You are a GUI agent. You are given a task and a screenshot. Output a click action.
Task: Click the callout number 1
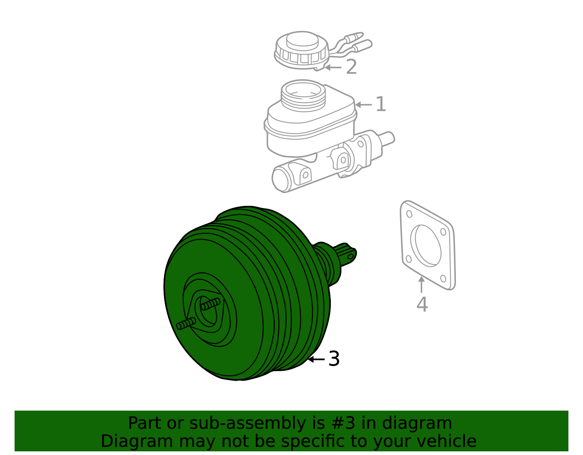[x=381, y=104]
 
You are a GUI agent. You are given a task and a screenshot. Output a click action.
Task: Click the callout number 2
[x=352, y=67]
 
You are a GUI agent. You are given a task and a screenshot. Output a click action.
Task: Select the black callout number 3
[x=334, y=359]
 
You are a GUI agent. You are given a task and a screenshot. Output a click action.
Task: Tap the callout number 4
[x=422, y=305]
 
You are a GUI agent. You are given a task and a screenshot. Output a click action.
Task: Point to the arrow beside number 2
[x=333, y=67]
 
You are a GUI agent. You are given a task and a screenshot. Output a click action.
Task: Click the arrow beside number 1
[x=364, y=105]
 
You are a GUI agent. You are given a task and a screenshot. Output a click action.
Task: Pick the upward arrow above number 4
[x=422, y=285]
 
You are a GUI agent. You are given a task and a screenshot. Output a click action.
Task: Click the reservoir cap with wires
[x=302, y=50]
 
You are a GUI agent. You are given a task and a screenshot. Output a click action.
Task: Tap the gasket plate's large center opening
[x=426, y=246]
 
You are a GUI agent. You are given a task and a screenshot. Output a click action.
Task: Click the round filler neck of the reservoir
[x=303, y=95]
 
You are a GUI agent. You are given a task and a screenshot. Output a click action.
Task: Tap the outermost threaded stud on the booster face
[x=186, y=323]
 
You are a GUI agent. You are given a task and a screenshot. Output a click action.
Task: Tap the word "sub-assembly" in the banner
[x=248, y=423]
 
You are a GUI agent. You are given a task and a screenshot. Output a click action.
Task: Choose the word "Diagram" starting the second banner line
[x=137, y=441]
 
